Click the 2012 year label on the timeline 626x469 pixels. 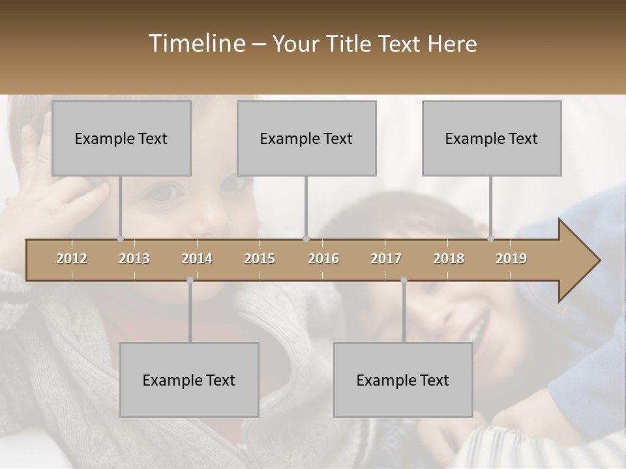coord(72,259)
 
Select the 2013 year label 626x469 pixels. coord(134,259)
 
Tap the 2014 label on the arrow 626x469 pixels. coord(197,259)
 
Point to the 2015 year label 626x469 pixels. coord(260,259)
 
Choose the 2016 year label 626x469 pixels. coord(323,259)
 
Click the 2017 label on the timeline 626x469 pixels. coord(386,259)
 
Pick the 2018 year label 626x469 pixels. coord(449,259)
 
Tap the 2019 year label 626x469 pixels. coord(511,259)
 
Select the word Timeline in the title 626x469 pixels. coord(196,44)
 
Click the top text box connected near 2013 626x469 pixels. coord(121,138)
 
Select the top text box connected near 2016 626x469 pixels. coord(306,138)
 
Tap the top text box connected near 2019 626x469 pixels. coord(492,138)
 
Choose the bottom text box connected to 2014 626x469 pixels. coord(189,380)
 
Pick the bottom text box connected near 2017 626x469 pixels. coord(403,380)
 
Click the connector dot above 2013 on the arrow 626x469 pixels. coord(120,239)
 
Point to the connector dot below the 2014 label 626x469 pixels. coord(190,280)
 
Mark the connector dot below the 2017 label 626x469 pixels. coord(404,280)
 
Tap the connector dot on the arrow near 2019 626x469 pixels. coord(490,239)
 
